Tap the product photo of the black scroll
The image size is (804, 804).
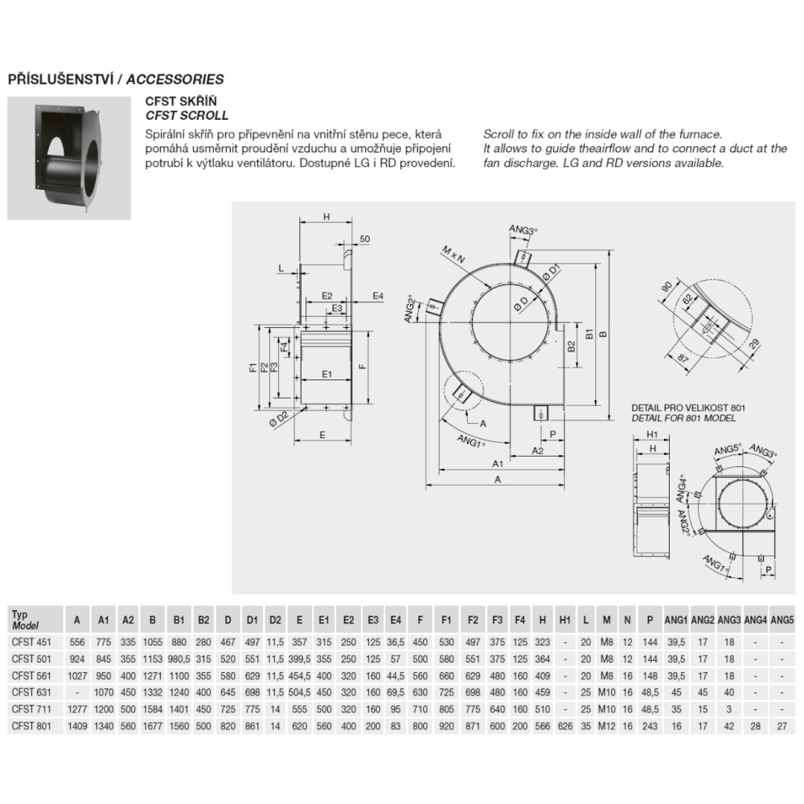click(x=69, y=158)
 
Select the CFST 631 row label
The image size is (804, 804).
click(x=31, y=692)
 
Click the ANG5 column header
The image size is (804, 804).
click(x=782, y=620)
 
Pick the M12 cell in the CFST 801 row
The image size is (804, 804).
click(x=606, y=726)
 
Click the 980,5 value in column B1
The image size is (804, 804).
click(x=178, y=659)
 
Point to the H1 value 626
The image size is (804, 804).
click(x=565, y=726)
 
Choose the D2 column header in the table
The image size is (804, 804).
click(x=275, y=620)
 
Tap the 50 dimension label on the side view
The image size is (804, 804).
click(x=364, y=239)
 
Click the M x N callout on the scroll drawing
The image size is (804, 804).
click(x=453, y=255)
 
